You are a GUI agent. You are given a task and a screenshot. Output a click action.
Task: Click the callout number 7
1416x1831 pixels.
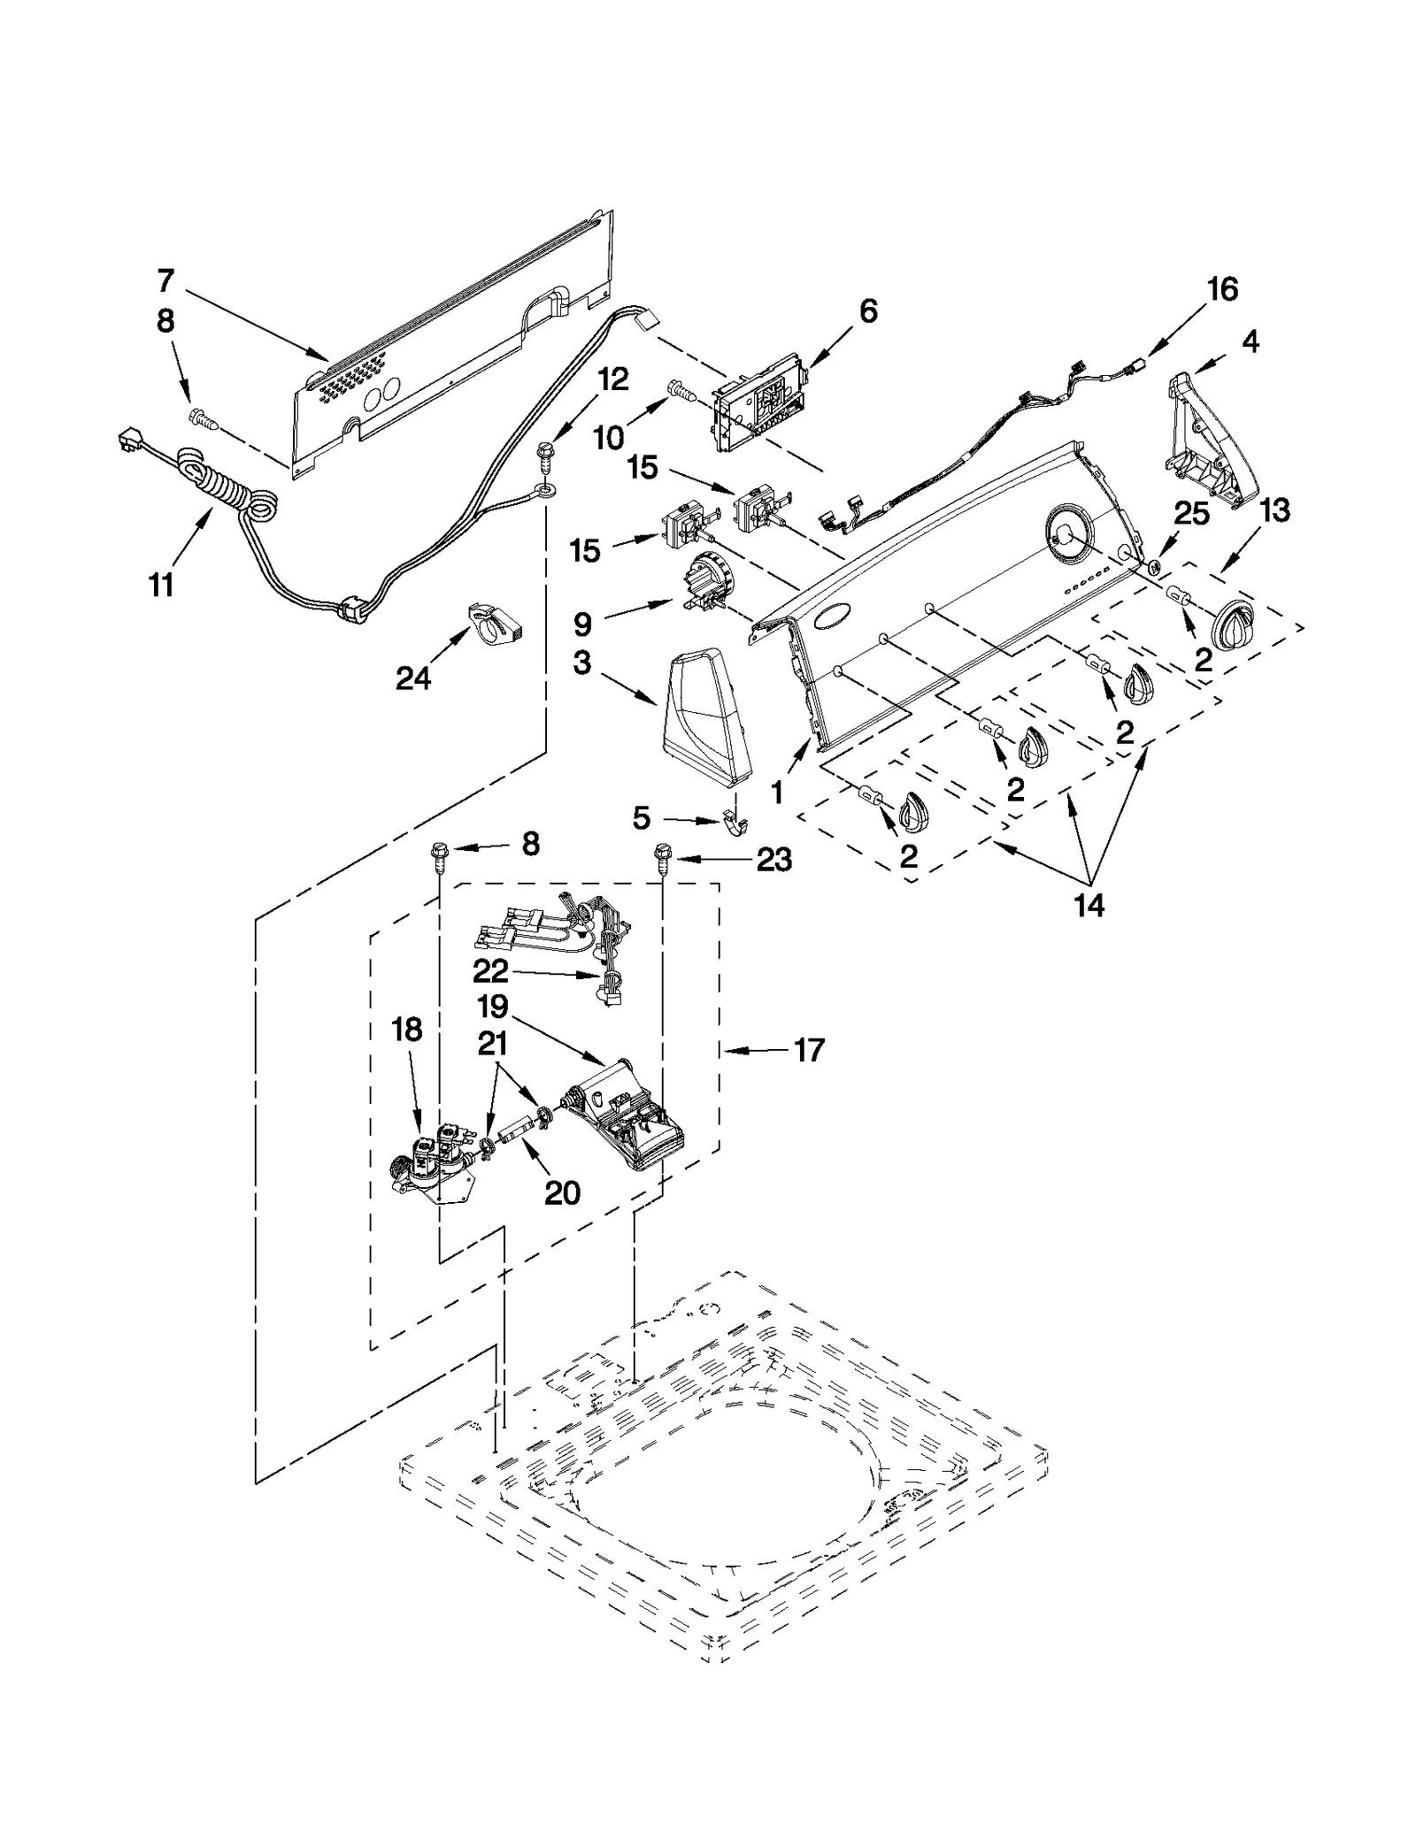click(x=165, y=281)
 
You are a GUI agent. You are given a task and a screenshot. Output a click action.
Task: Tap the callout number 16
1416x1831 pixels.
click(x=1222, y=289)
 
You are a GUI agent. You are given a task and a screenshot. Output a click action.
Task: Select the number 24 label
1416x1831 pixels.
click(x=412, y=678)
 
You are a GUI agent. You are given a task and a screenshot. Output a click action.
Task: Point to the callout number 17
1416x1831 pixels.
click(x=809, y=1050)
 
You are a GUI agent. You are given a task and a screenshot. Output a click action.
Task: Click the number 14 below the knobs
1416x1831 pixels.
click(x=1089, y=905)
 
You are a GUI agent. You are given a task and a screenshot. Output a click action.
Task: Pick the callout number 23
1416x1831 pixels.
click(x=773, y=859)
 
